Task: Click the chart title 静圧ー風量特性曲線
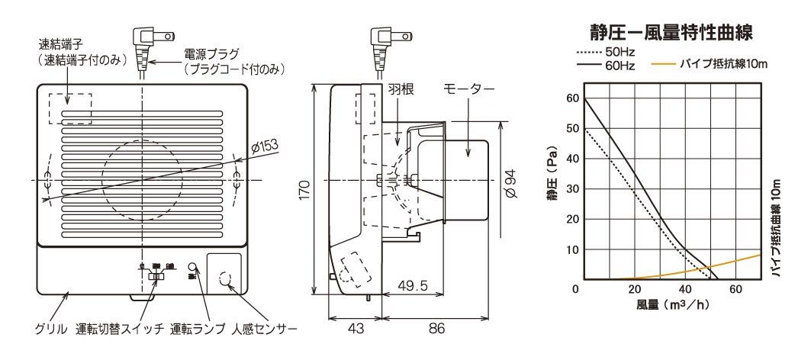(672, 33)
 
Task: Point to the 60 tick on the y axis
(571, 98)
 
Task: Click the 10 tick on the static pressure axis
(571, 250)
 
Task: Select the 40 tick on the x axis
(685, 290)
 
